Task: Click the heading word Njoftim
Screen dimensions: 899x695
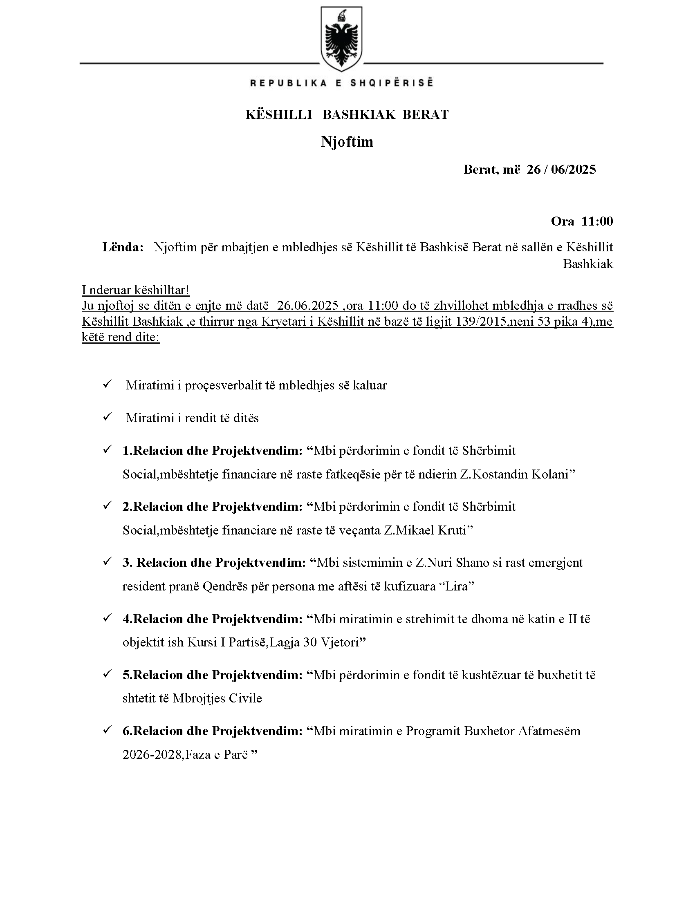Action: (x=347, y=142)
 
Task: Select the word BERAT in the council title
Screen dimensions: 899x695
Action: (x=425, y=115)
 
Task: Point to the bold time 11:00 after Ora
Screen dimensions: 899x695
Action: (x=597, y=221)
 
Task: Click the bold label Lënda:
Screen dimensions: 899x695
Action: (x=123, y=247)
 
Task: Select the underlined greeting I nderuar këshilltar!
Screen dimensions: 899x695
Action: (x=135, y=290)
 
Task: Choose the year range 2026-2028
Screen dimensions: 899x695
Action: (x=152, y=754)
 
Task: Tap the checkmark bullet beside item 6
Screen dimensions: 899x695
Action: (x=108, y=730)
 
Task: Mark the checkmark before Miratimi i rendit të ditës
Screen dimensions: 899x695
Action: (x=108, y=417)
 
